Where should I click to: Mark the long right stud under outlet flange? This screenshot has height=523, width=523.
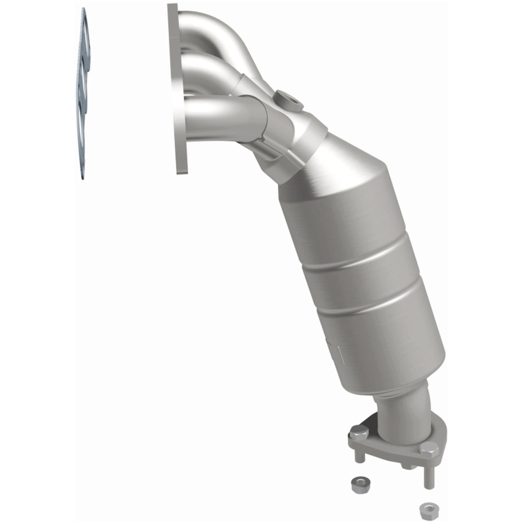pyautogui.click(x=428, y=474)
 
